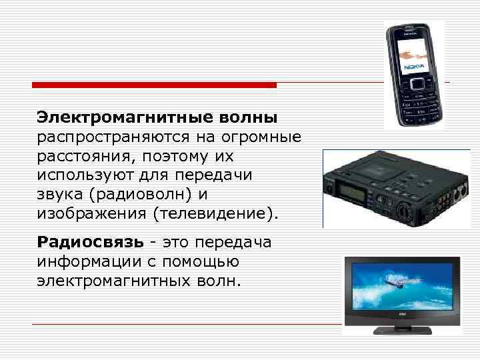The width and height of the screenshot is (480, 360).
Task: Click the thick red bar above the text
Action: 155,85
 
